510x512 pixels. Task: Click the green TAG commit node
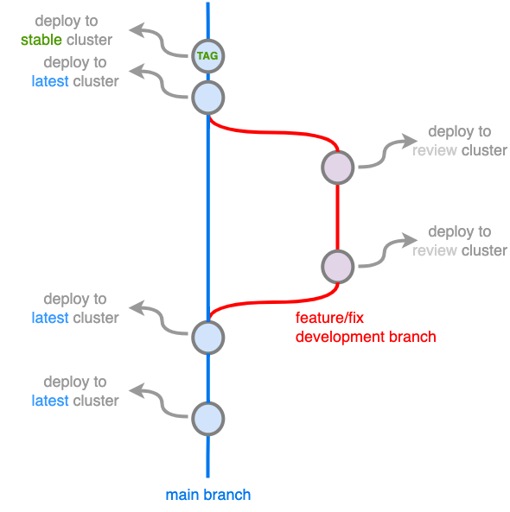[207, 56]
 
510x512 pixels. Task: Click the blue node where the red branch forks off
[207, 98]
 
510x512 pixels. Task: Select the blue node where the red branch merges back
[207, 337]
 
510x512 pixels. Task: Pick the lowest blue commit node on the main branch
[207, 419]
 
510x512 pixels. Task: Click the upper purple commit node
[337, 167]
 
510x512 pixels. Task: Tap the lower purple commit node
[337, 266]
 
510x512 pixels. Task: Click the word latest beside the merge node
[50, 318]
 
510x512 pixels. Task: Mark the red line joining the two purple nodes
[337, 216]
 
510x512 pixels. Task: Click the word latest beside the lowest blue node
[50, 401]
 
